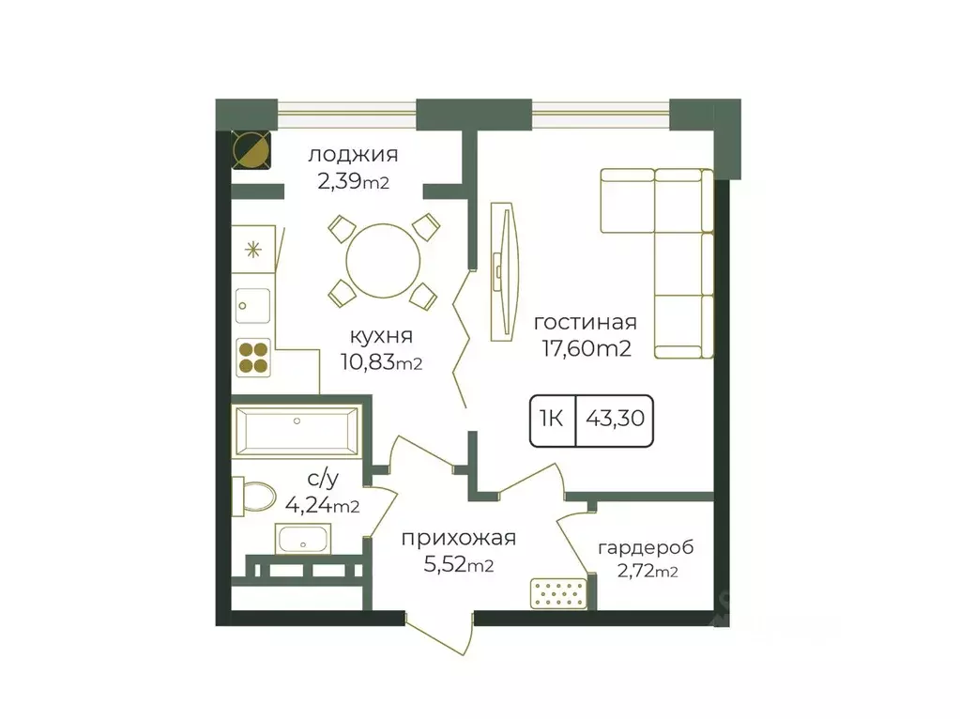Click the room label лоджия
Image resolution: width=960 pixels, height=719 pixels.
pyautogui.click(x=353, y=155)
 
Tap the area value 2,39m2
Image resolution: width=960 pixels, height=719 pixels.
pyautogui.click(x=353, y=182)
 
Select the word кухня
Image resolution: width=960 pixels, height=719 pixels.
pyautogui.click(x=381, y=336)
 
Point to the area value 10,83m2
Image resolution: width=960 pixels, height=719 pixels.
pyautogui.click(x=381, y=362)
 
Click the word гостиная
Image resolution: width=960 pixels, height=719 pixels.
pyautogui.click(x=586, y=322)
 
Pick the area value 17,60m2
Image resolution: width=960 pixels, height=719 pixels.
pyautogui.click(x=586, y=348)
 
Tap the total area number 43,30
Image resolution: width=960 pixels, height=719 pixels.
pyautogui.click(x=615, y=419)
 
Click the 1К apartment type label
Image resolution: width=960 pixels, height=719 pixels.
pyautogui.click(x=551, y=419)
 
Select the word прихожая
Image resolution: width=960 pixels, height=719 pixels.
pyautogui.click(x=459, y=539)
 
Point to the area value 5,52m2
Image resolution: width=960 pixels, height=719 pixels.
pyautogui.click(x=459, y=565)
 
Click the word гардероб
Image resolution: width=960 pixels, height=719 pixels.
pyautogui.click(x=646, y=547)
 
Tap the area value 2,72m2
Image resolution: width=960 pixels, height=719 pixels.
pyautogui.click(x=648, y=572)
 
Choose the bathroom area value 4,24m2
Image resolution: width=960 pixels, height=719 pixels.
pyautogui.click(x=322, y=506)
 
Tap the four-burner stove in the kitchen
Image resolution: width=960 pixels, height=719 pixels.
pyautogui.click(x=252, y=359)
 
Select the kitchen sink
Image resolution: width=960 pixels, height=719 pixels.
pyautogui.click(x=252, y=306)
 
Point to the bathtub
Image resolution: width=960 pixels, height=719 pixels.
pyautogui.click(x=297, y=431)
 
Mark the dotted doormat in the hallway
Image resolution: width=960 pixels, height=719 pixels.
pyautogui.click(x=558, y=593)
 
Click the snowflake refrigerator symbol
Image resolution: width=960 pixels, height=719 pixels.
pyautogui.click(x=252, y=250)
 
